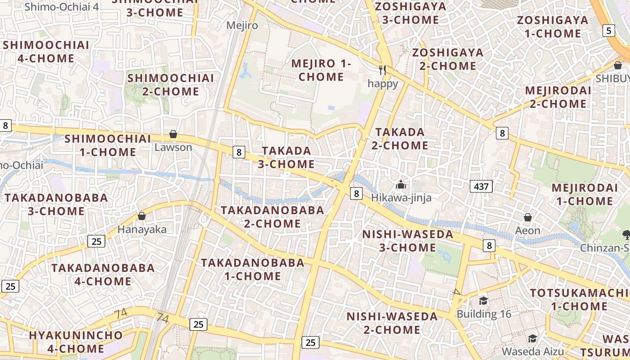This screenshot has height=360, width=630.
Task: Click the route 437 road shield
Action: tap(481, 186)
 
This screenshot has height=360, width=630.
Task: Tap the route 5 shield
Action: tap(609, 31)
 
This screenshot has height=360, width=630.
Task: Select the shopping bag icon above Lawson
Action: tap(173, 134)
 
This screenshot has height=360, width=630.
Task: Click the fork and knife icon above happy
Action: tap(382, 70)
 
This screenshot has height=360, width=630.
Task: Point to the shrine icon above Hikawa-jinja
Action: tap(400, 184)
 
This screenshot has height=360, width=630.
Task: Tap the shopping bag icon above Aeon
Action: tap(528, 218)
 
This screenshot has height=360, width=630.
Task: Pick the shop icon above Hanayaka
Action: tap(142, 216)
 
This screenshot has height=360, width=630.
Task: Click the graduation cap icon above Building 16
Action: tap(483, 301)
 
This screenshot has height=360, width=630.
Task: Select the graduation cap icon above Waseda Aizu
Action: tap(533, 338)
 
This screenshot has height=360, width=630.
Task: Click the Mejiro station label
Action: tap(242, 25)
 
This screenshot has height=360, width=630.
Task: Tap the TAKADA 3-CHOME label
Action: tap(286, 157)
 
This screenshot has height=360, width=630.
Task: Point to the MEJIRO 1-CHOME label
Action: tap(321, 70)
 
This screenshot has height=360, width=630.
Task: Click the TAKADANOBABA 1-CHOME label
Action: tap(252, 269)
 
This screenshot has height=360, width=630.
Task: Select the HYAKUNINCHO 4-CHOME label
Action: tap(76, 342)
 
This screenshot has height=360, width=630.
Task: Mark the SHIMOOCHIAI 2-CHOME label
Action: tap(170, 85)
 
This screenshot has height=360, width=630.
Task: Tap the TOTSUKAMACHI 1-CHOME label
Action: tap(580, 300)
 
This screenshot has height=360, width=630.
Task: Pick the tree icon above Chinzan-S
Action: tap(626, 234)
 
